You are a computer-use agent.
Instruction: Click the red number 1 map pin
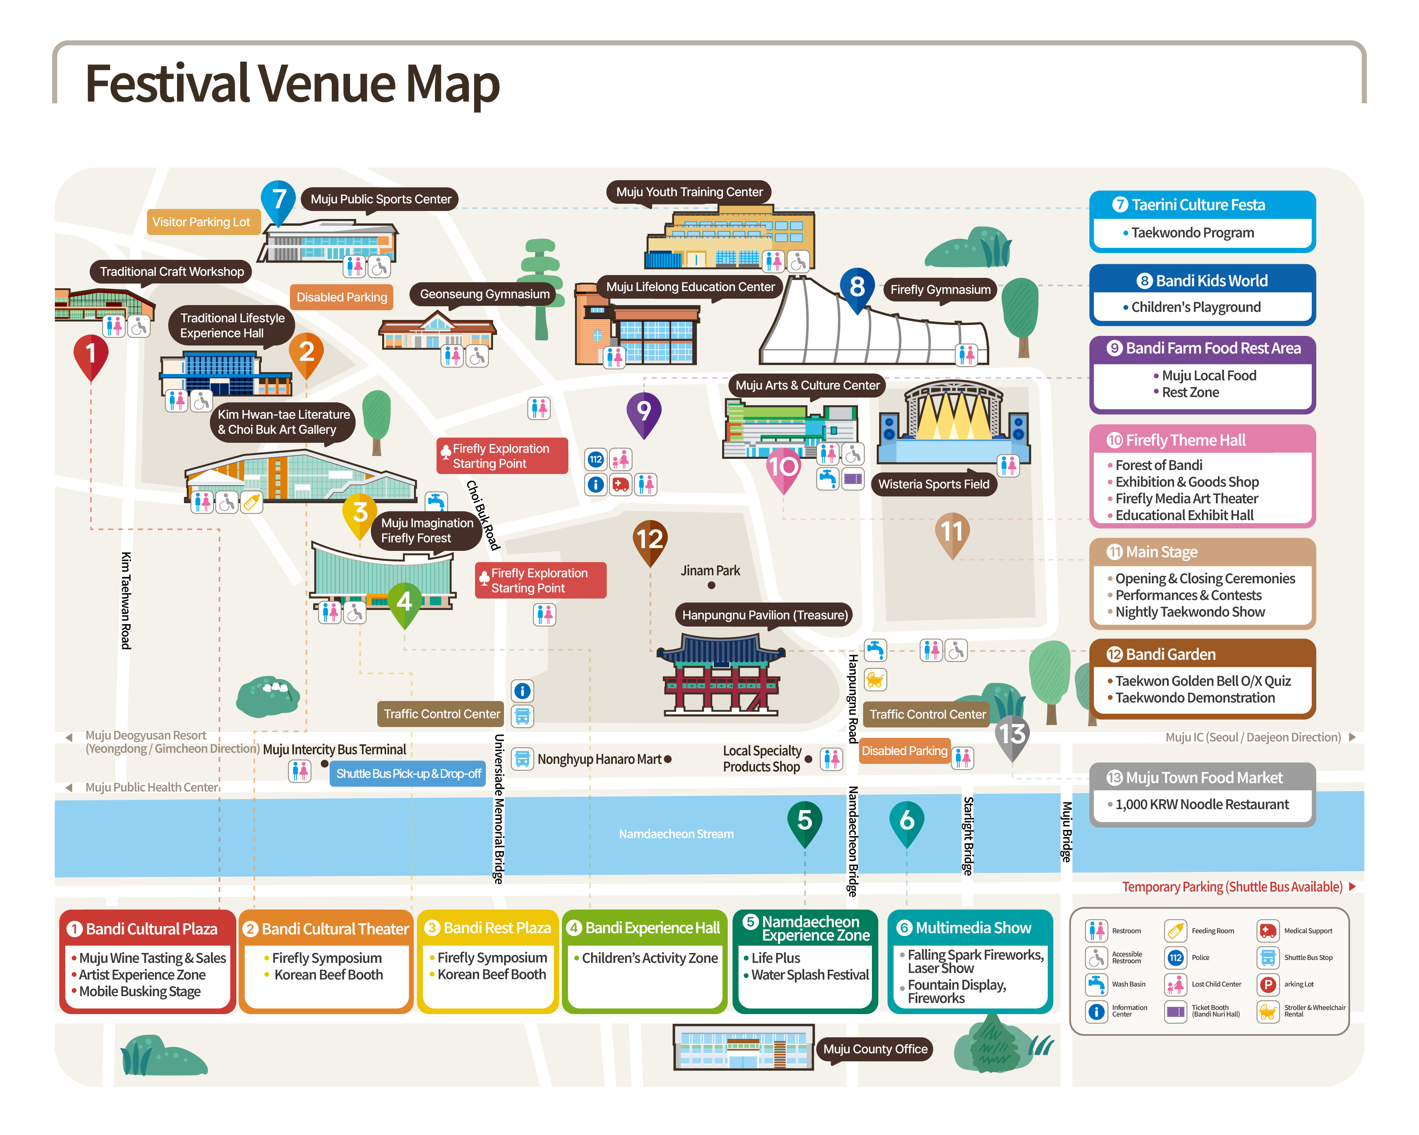pyautogui.click(x=91, y=355)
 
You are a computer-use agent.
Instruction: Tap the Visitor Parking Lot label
pyautogui.click(x=201, y=222)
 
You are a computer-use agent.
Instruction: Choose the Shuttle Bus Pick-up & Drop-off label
pyautogui.click(x=408, y=774)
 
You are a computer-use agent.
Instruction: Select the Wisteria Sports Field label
pyautogui.click(x=933, y=484)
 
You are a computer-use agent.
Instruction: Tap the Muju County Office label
pyautogui.click(x=875, y=1049)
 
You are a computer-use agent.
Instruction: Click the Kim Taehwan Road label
pyautogui.click(x=125, y=600)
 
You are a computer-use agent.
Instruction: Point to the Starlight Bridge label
pyautogui.click(x=968, y=836)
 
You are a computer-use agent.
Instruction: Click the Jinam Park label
pyautogui.click(x=710, y=571)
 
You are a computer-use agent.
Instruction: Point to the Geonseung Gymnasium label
pyautogui.click(x=484, y=294)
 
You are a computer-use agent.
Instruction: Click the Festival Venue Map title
pyautogui.click(x=292, y=84)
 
